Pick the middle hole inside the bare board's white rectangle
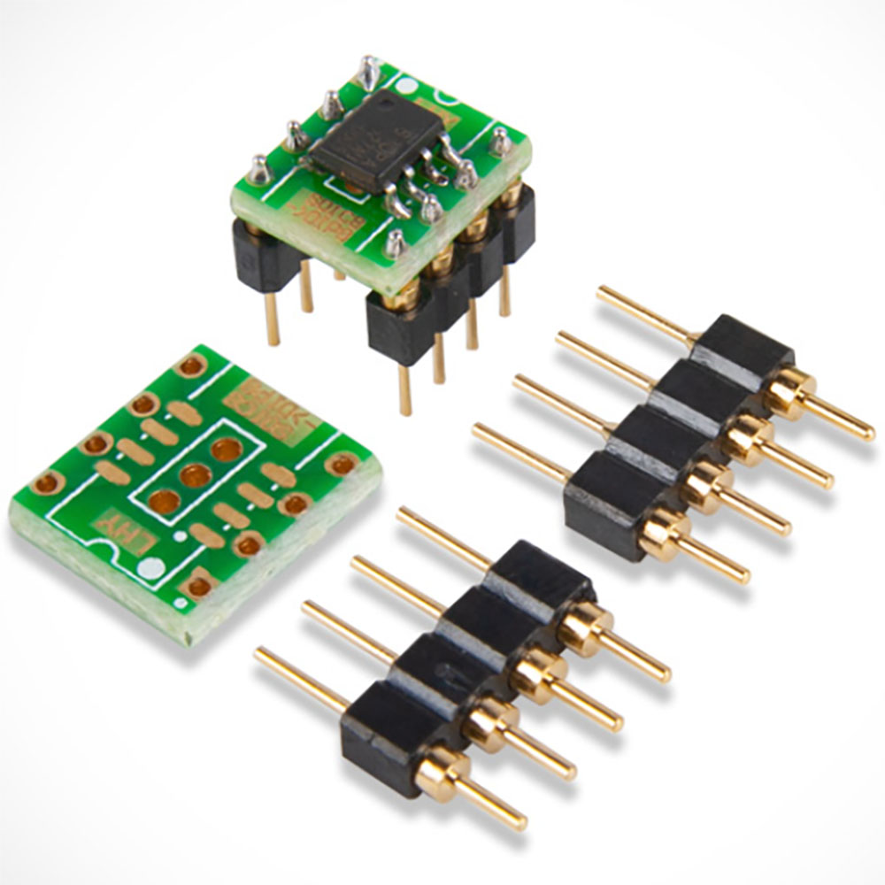click(x=195, y=476)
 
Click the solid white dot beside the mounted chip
click(x=406, y=86)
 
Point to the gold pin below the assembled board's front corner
click(x=405, y=389)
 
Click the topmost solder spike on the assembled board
click(x=368, y=71)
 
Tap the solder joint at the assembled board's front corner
click(x=395, y=242)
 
